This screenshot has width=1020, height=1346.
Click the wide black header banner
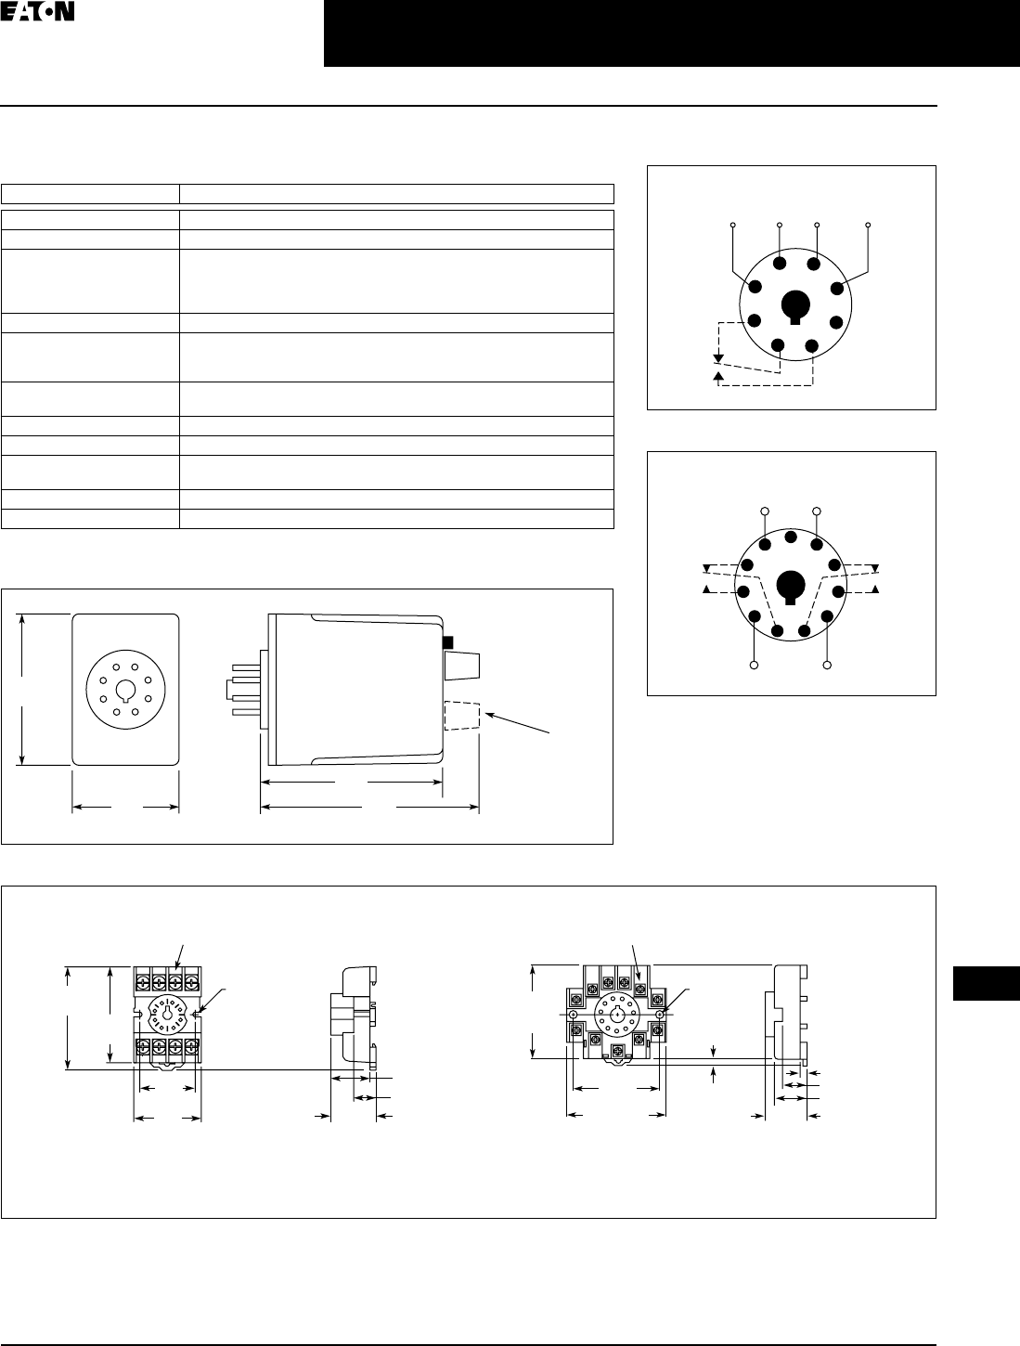(671, 34)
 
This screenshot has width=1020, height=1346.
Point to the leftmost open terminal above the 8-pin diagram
(733, 226)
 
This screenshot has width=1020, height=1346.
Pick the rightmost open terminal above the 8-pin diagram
(868, 226)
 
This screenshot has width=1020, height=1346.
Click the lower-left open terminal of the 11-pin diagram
(755, 666)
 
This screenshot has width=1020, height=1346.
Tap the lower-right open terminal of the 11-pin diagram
(828, 666)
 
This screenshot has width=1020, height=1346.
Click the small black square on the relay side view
(446, 642)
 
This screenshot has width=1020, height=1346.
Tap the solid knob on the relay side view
(461, 666)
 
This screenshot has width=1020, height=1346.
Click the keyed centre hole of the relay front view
(125, 689)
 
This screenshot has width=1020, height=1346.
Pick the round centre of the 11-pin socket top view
(616, 1015)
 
